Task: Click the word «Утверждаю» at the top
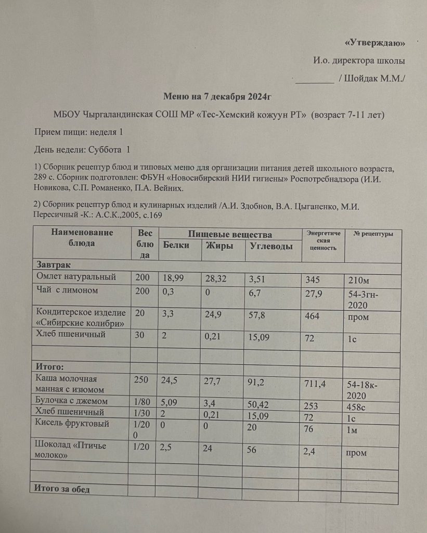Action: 374,42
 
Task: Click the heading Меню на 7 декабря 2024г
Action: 218,96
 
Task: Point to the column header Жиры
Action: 219,247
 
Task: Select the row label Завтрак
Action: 51,264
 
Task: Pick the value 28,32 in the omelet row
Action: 217,279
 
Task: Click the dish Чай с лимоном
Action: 67,290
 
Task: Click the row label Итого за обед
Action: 62,489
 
